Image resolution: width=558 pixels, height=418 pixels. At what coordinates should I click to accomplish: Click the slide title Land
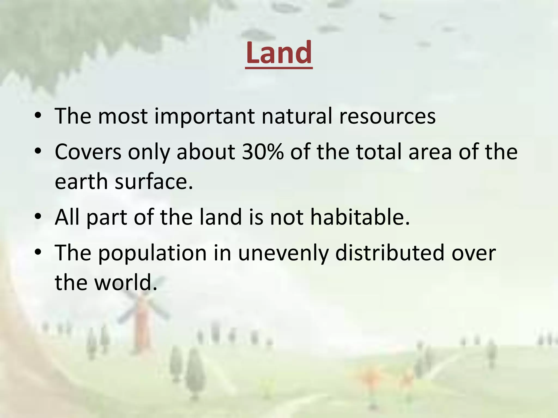pos(279,53)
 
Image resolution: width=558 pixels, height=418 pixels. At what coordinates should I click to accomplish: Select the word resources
pos(387,116)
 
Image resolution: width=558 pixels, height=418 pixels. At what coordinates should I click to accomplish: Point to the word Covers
pos(88,152)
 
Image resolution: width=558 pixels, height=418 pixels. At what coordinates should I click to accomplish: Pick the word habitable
pos(360,217)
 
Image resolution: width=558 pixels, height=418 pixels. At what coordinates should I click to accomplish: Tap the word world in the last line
pos(126,282)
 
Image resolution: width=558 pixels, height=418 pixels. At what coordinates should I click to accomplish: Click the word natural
pos(297,116)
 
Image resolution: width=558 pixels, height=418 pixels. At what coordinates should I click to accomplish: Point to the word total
pos(379,152)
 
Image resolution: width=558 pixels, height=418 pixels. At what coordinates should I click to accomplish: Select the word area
pos(430,152)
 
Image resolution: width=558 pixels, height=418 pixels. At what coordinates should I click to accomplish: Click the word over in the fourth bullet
pos(474,253)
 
